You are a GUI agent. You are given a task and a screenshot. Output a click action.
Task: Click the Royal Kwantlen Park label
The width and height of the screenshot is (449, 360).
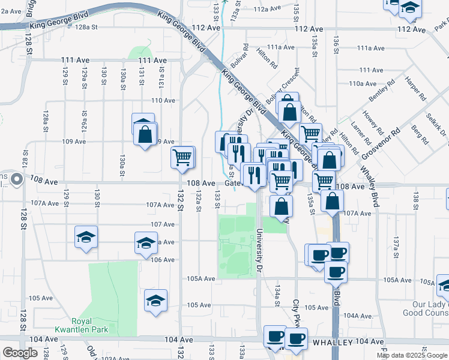[x=82, y=325]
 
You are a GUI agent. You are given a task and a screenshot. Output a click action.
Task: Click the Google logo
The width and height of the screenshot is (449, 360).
[x=20, y=353]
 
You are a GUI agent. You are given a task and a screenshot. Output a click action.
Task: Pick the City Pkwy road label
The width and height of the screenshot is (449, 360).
[x=296, y=313]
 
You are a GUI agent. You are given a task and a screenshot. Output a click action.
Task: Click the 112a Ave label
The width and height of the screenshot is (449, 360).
[x=267, y=9]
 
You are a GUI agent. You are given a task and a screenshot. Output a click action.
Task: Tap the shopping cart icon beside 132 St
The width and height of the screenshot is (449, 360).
[x=182, y=158]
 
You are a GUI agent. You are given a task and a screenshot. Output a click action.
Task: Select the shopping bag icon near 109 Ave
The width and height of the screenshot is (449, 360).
[x=145, y=134]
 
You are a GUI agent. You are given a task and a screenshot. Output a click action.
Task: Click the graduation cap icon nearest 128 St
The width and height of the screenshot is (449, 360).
[x=86, y=237]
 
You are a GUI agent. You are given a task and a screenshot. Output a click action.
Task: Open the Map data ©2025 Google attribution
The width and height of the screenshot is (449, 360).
[x=411, y=355]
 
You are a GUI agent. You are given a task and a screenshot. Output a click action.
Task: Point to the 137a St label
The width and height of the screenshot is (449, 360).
[x=396, y=246]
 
